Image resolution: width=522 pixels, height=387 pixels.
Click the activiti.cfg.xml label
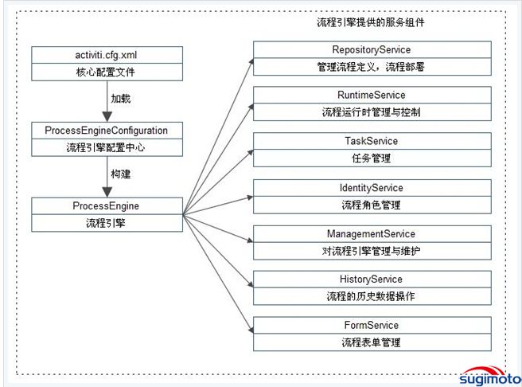click(x=106, y=55)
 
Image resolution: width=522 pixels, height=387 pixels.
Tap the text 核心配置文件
click(x=106, y=72)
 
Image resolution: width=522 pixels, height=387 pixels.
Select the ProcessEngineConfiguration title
click(x=106, y=131)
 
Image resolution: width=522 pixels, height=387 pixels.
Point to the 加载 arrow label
click(x=120, y=99)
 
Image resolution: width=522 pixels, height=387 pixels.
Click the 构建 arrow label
click(x=120, y=174)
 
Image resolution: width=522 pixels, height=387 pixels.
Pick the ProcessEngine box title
click(x=106, y=205)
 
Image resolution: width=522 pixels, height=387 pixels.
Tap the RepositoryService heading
click(x=371, y=49)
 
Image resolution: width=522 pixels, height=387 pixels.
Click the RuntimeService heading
click(x=371, y=95)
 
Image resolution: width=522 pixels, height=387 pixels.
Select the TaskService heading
click(x=371, y=141)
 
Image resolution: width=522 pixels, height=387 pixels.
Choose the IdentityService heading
click(x=371, y=188)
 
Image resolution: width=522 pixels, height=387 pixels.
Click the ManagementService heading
click(x=371, y=234)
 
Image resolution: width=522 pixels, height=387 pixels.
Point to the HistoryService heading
click(x=371, y=279)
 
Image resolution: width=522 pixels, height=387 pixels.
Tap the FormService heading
click(x=371, y=325)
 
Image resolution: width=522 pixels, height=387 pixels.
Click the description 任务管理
click(x=371, y=158)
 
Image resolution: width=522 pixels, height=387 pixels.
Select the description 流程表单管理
click(x=371, y=342)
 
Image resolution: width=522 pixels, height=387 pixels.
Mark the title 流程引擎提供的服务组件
click(x=371, y=22)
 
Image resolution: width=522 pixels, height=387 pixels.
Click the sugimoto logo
click(x=489, y=376)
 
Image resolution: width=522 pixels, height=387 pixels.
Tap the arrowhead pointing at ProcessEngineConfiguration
click(x=107, y=117)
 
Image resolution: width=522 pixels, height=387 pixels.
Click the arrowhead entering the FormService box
click(x=251, y=329)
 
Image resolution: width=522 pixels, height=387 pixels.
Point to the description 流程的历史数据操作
click(x=371, y=296)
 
